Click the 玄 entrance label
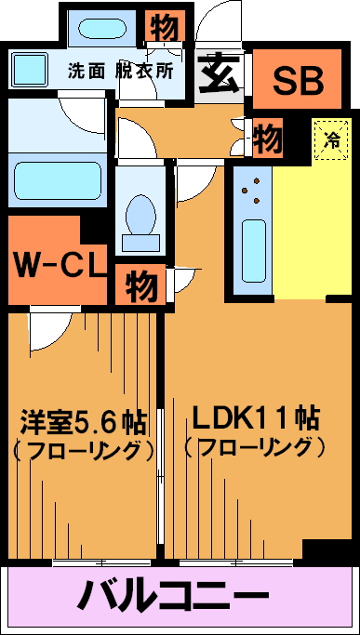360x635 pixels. (x=220, y=74)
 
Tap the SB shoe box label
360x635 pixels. (x=298, y=81)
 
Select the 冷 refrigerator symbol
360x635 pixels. (x=332, y=139)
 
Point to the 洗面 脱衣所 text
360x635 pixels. (x=120, y=72)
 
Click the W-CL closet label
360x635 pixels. (x=58, y=265)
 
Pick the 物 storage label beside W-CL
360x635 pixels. (x=140, y=284)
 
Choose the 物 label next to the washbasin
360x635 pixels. (x=164, y=27)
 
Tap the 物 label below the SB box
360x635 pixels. (x=267, y=138)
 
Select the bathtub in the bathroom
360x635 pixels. (x=57, y=180)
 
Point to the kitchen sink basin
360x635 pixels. (x=254, y=251)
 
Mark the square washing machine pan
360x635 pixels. (x=30, y=70)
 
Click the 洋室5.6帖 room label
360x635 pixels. (x=84, y=423)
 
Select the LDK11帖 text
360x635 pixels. (x=256, y=419)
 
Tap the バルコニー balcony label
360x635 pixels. (x=173, y=595)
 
